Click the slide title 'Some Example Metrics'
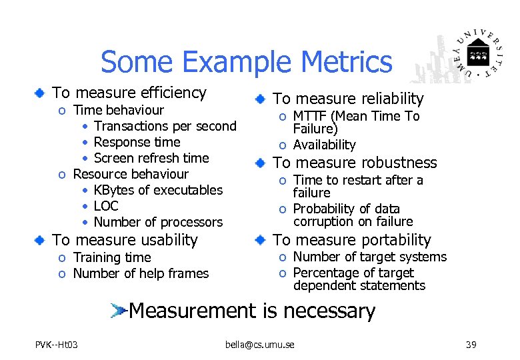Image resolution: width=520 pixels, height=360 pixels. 246,62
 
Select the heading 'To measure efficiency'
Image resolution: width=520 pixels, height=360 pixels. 129,93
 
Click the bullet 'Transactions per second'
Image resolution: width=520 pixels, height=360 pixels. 165,126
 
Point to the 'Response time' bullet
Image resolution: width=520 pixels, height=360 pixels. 137,142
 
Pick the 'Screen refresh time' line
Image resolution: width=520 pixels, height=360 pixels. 151,158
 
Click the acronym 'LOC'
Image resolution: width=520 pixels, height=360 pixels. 106,206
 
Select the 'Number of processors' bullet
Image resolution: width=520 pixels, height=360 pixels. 158,222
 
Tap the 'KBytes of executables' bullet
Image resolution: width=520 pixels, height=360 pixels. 158,190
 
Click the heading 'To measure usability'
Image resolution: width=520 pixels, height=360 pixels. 125,240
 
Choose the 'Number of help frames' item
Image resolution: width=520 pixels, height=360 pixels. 141,273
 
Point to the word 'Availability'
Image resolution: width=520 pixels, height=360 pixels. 325,145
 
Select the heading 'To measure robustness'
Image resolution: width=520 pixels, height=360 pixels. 355,163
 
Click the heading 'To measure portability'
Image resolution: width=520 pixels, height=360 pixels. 352,240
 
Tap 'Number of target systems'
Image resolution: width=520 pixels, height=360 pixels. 369,257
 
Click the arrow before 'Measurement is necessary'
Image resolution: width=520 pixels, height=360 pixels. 119,310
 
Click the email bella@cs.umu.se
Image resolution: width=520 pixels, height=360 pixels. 259,345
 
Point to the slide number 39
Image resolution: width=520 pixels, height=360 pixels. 471,345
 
